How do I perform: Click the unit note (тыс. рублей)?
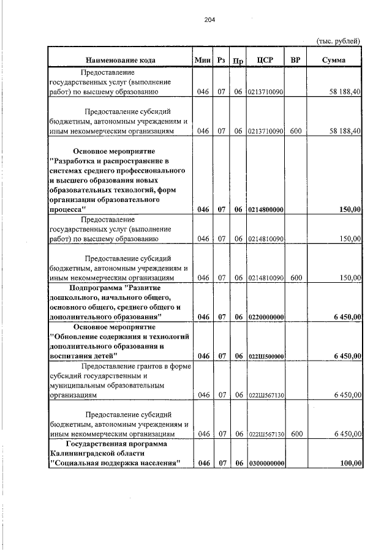pos(338,41)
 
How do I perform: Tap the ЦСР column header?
pos(265,60)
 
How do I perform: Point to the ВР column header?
pos(296,60)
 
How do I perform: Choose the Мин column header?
pos(202,60)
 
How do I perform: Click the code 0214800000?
pos(266,209)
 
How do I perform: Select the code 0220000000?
pos(266,316)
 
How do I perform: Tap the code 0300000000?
pos(266,463)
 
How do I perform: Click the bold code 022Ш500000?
pos(266,356)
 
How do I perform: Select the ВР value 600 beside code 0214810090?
pos(296,277)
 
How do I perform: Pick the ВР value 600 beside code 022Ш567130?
pos(296,433)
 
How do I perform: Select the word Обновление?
pos(77,336)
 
